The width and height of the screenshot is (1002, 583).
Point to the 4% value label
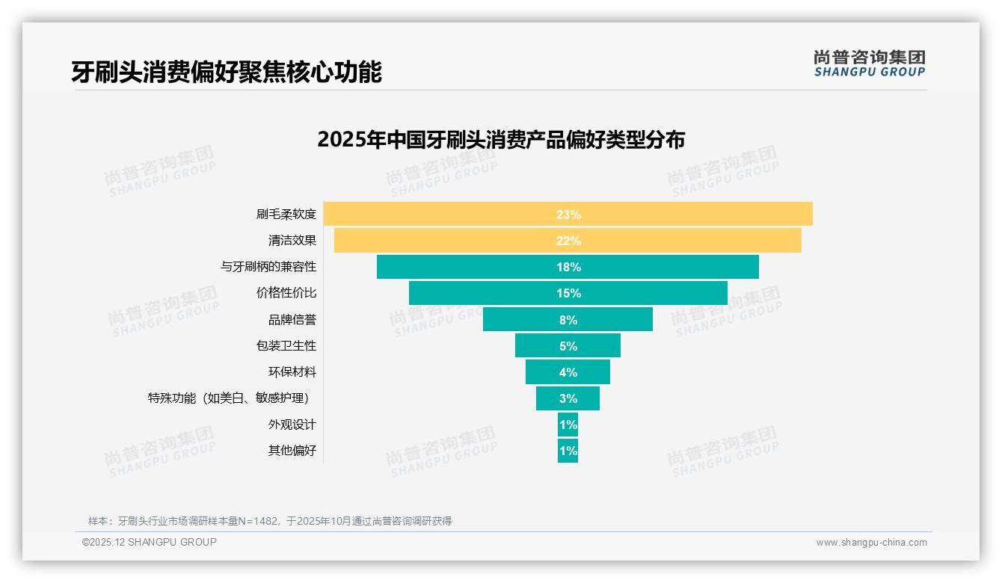568,372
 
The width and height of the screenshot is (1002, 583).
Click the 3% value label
568,398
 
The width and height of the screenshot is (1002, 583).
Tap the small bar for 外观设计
568,425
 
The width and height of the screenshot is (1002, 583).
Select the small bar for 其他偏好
568,451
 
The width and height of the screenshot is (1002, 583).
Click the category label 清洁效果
292,241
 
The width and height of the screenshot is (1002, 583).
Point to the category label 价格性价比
286,293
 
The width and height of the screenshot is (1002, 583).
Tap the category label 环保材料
292,372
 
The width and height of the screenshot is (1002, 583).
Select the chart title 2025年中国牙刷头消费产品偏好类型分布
501,140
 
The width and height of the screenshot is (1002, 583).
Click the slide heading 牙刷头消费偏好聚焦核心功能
227,72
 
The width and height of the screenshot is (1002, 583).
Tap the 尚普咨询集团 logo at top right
870,64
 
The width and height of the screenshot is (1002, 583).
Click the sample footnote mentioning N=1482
270,521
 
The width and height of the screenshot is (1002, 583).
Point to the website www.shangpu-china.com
871,543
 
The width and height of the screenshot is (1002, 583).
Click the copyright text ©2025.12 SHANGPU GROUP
150,542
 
